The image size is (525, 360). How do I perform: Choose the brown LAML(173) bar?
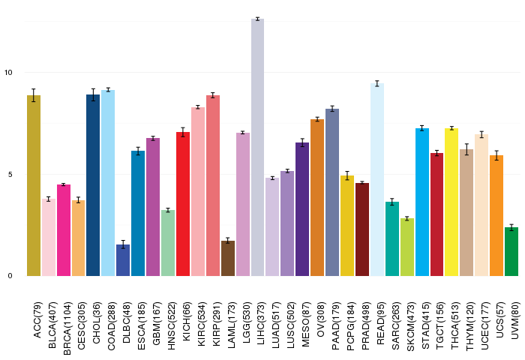pyautogui.click(x=228, y=258)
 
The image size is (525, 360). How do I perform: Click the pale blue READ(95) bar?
pyautogui.click(x=377, y=179)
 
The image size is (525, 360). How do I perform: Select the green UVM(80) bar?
pyautogui.click(x=511, y=251)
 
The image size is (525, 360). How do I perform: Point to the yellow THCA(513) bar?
pyautogui.click(x=451, y=202)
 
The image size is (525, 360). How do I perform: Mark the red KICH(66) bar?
pyautogui.click(x=183, y=203)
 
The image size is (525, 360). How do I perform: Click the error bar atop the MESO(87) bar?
pyautogui.click(x=302, y=142)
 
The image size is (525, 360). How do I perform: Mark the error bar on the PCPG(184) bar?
pyautogui.click(x=347, y=175)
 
